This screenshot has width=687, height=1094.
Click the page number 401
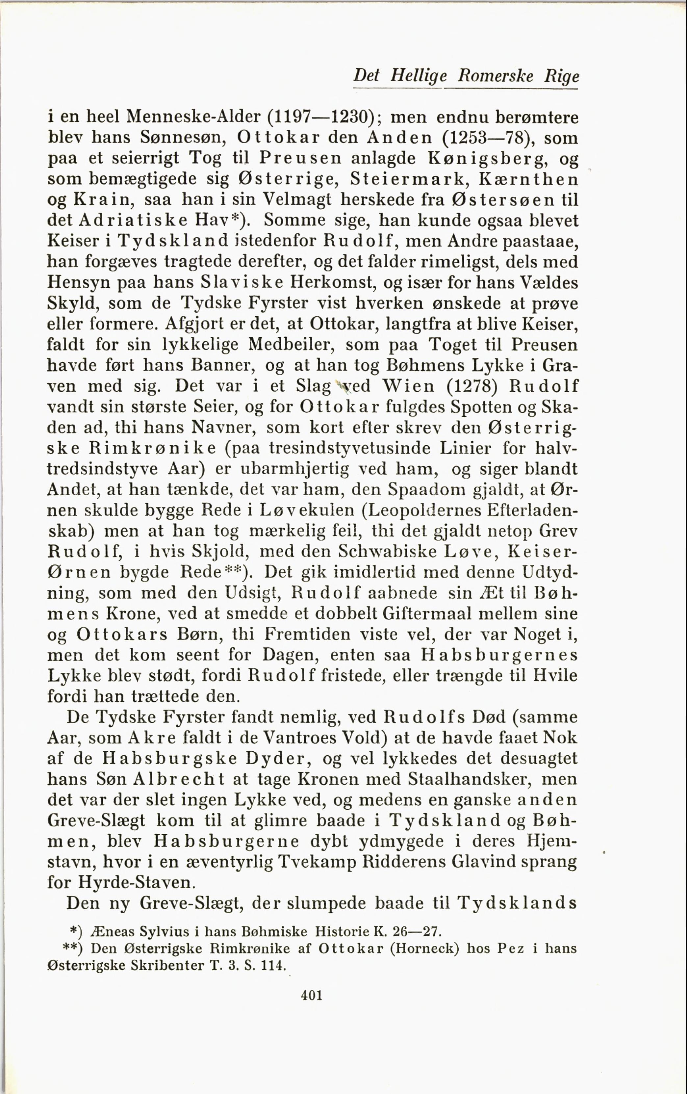[x=312, y=995]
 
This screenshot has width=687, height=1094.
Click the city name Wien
[x=409, y=386]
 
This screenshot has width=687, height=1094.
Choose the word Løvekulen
[x=307, y=510]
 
